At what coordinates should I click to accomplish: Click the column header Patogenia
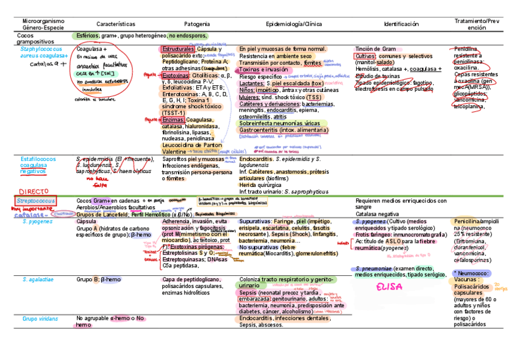tap(197, 24)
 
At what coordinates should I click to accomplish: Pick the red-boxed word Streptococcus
tap(37, 200)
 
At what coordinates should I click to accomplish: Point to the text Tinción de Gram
tap(375, 49)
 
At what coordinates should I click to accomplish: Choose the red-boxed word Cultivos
tap(365, 56)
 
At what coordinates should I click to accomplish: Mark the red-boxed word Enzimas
tap(173, 120)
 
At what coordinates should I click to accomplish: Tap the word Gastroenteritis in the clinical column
tap(260, 130)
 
